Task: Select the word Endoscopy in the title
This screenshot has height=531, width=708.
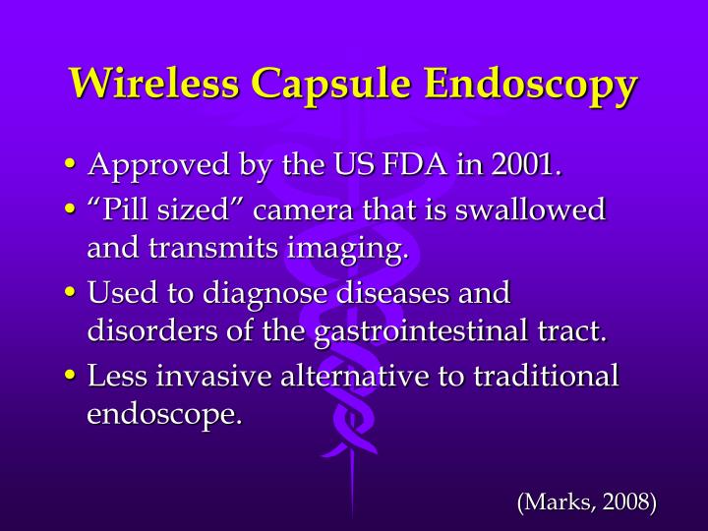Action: tap(531, 85)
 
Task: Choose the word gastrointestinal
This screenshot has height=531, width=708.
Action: tap(426, 331)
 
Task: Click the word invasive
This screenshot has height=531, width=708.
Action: tap(207, 376)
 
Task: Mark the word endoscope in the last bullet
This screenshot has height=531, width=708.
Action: tap(163, 414)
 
